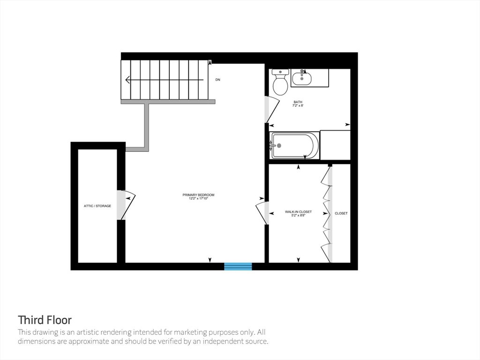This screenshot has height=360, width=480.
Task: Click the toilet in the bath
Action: (280, 82)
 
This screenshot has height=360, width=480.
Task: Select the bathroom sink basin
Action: (302, 78)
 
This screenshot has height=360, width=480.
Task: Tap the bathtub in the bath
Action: (294, 146)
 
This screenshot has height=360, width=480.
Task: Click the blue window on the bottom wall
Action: (238, 266)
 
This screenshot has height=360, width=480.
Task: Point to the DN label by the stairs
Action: (217, 80)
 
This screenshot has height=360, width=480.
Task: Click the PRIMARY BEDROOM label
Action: (198, 195)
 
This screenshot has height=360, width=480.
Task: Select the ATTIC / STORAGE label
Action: (97, 206)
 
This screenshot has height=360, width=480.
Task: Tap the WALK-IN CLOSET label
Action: (298, 212)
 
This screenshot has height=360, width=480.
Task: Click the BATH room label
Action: (298, 102)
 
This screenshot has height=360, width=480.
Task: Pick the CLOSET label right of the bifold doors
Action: (341, 213)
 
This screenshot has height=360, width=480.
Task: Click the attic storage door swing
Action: (126, 205)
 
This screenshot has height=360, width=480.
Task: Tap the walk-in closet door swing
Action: (262, 213)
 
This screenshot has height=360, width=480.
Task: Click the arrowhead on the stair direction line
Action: (128, 80)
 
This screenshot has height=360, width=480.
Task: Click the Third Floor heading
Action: (45, 320)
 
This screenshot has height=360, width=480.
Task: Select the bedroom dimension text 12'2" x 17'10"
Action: (198, 198)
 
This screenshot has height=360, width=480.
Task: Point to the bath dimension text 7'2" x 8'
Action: (298, 105)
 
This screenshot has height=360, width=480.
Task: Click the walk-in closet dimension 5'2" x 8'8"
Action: (298, 215)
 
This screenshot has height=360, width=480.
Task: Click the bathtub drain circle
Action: (279, 146)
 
